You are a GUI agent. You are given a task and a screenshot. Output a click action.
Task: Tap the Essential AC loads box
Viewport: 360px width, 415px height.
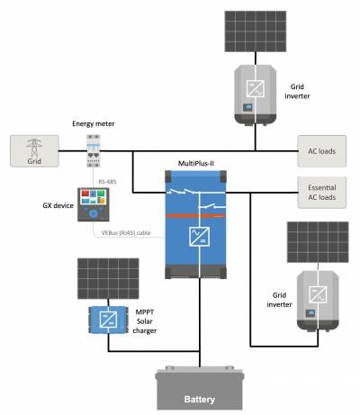tap(321, 192)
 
